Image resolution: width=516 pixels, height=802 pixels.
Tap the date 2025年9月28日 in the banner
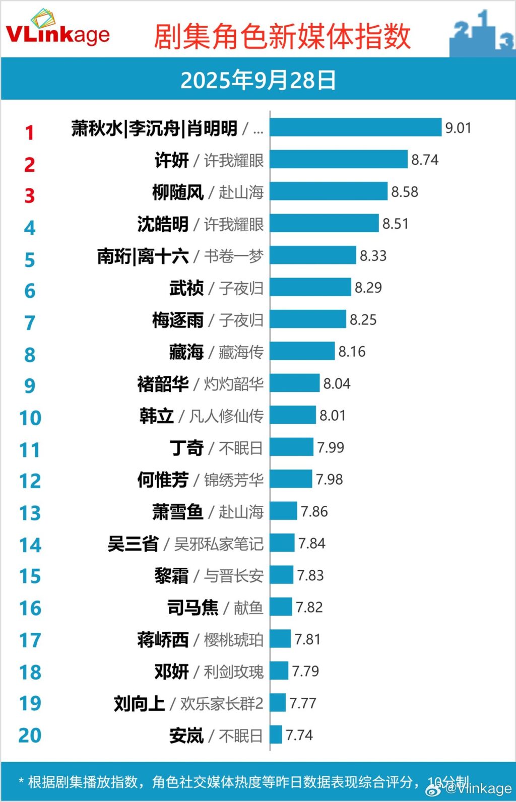258,80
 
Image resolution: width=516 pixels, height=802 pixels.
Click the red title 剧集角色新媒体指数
282,36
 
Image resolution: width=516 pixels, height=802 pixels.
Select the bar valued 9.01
356,127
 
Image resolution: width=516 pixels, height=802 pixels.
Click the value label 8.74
425,160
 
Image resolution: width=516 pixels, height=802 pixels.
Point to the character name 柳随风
178,192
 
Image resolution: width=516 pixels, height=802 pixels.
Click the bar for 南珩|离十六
313,255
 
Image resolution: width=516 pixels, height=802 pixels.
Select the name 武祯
186,288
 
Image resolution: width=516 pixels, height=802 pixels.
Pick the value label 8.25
363,320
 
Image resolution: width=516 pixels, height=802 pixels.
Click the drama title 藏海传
241,352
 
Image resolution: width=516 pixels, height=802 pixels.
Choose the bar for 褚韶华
295,383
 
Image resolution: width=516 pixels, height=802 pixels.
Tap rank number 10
30,418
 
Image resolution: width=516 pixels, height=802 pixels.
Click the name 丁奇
186,448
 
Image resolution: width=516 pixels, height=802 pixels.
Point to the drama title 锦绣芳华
233,480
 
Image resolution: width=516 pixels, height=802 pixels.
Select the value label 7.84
312,544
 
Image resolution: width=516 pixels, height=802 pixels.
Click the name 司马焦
193,608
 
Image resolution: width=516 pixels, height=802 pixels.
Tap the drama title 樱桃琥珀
233,640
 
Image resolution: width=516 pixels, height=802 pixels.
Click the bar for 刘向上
278,703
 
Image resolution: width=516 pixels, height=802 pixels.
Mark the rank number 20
30,736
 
